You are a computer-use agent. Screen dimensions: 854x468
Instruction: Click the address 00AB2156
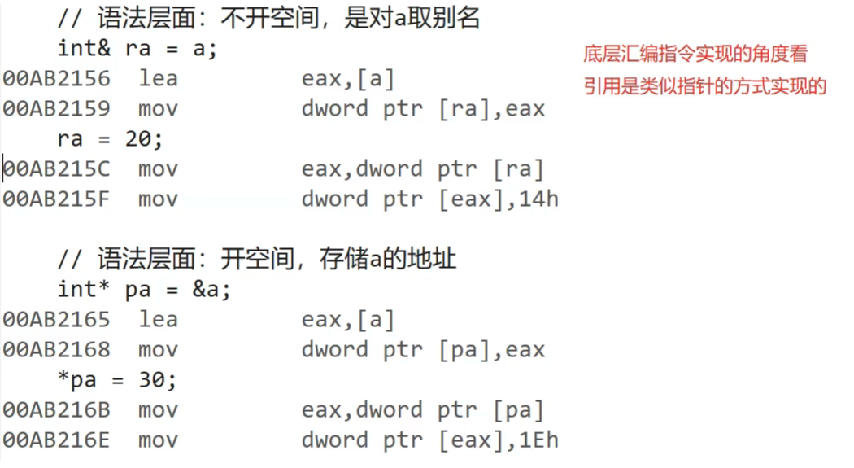56,79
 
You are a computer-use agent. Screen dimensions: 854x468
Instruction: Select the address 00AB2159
56,109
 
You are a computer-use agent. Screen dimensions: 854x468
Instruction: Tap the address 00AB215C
56,169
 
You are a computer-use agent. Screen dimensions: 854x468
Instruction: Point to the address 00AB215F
56,199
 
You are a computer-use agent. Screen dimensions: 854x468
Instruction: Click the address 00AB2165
56,320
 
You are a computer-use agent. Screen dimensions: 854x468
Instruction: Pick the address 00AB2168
56,350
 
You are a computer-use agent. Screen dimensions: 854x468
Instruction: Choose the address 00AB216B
56,410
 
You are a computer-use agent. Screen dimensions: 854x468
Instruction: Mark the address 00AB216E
56,440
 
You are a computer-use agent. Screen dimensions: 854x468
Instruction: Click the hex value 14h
540,199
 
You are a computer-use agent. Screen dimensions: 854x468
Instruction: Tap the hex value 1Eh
540,440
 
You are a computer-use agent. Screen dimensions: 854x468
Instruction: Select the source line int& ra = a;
137,48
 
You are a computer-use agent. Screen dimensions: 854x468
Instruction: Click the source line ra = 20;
110,139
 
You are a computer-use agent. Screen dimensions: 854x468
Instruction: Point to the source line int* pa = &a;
144,290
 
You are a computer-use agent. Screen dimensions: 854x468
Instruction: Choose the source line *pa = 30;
117,380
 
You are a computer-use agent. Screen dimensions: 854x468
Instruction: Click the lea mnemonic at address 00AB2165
158,320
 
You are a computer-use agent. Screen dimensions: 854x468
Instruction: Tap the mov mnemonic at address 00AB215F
158,199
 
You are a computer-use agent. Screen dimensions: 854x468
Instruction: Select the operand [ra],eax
491,109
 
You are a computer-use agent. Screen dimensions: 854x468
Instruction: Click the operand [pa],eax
491,350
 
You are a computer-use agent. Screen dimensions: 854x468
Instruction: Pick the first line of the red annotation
695,55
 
